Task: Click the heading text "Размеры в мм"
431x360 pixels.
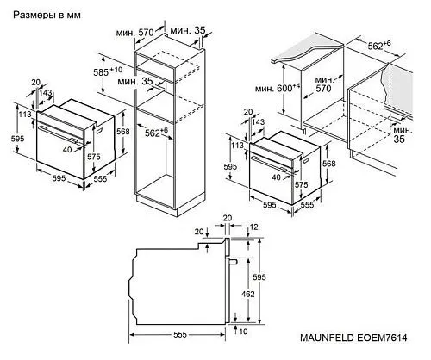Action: [x=47, y=15]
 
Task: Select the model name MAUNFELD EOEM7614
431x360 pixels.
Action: [x=353, y=338]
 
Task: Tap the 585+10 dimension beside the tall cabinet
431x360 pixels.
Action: [x=108, y=71]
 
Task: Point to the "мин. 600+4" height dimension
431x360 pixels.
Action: [x=278, y=88]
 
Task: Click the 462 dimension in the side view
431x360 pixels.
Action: [x=247, y=294]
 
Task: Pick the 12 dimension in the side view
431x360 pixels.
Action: [x=254, y=227]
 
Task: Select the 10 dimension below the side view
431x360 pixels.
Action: [x=243, y=332]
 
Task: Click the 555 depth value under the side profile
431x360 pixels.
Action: [x=180, y=334]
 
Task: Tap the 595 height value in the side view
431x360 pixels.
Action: [x=259, y=277]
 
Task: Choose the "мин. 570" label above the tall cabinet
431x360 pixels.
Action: [x=135, y=33]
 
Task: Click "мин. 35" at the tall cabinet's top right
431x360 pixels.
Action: [x=188, y=30]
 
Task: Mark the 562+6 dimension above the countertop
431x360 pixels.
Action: [x=379, y=45]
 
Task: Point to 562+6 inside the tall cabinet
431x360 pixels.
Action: [x=156, y=132]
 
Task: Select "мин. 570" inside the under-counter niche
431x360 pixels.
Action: [x=324, y=84]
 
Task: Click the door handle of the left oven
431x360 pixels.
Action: [x=58, y=133]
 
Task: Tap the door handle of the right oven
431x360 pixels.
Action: [x=270, y=164]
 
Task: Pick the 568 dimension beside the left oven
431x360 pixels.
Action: [x=123, y=132]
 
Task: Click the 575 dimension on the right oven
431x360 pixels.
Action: [x=301, y=184]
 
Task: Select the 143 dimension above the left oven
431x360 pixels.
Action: [x=46, y=93]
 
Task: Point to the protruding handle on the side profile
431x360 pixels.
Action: [x=232, y=261]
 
